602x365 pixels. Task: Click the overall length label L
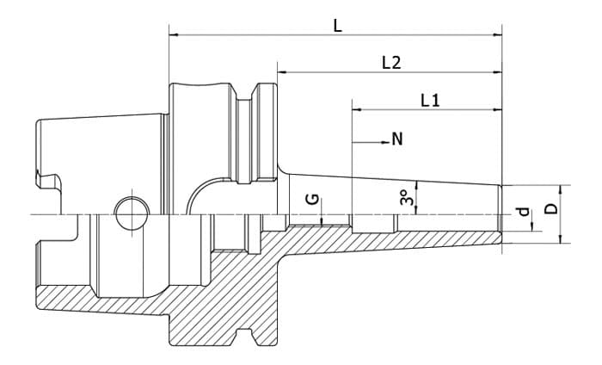point(337,25)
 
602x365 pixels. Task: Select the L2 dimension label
point(391,63)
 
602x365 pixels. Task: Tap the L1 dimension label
point(430,100)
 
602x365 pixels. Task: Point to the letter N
point(396,139)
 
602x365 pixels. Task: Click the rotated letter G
point(314,199)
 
